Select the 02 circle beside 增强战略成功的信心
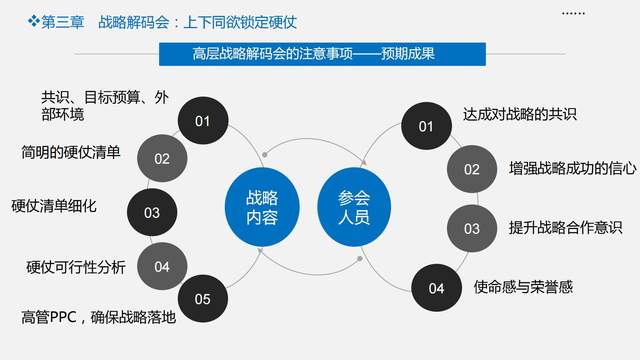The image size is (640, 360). (472, 169)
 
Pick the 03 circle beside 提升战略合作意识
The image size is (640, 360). (472, 228)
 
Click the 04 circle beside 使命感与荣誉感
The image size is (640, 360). (436, 289)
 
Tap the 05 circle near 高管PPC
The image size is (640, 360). (203, 298)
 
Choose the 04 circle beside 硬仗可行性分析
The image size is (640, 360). (162, 267)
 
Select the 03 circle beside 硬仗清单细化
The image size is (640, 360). (152, 212)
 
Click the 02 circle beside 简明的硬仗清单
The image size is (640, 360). (162, 158)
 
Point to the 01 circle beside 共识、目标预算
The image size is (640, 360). (203, 122)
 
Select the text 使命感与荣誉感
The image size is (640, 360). (523, 287)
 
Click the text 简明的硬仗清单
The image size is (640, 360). (71, 152)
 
